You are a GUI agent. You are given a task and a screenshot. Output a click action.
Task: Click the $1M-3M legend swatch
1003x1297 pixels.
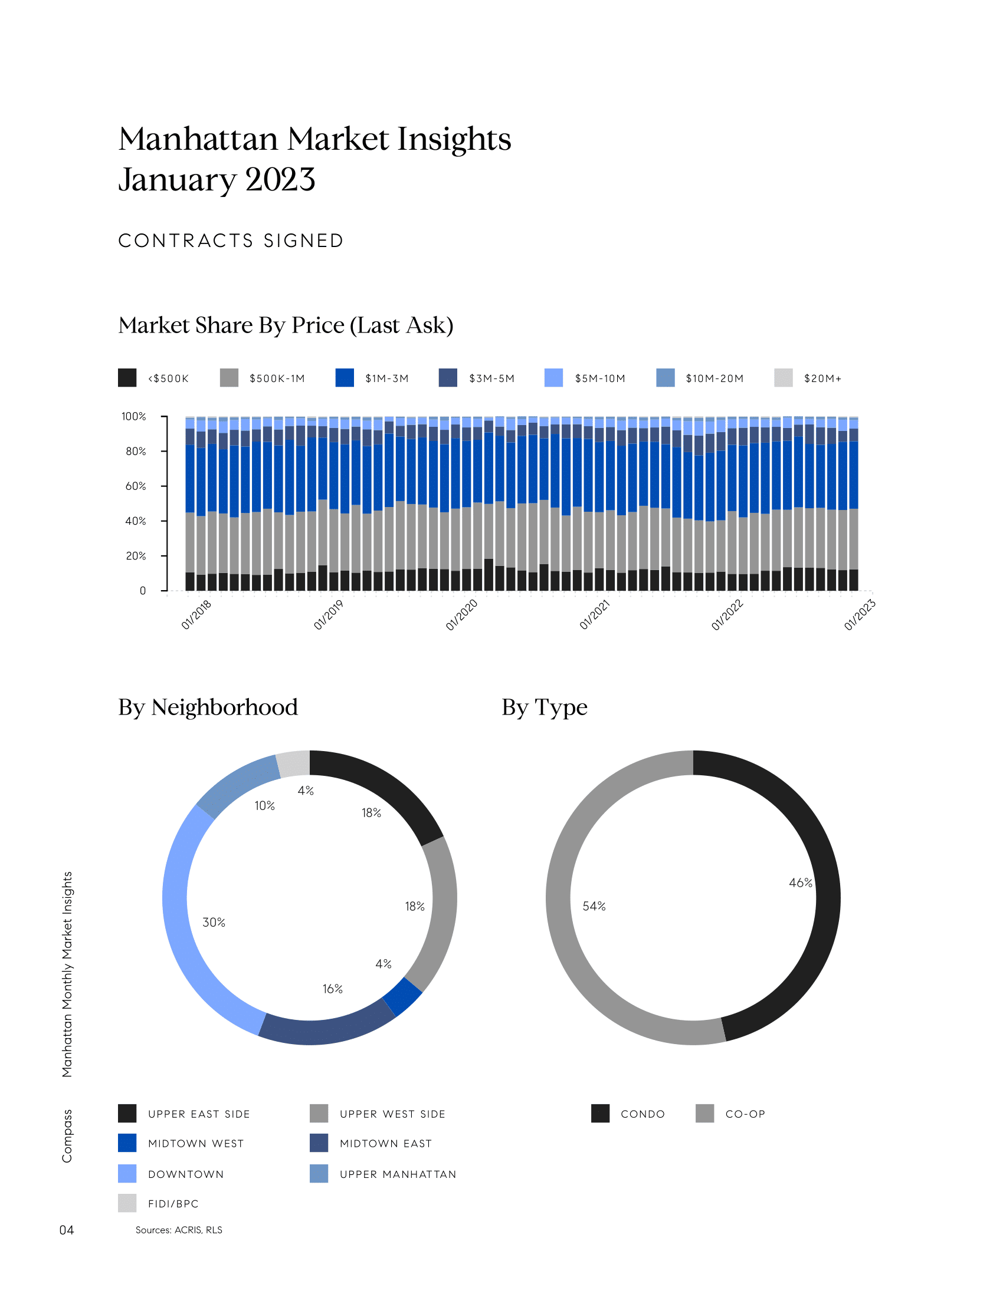coord(345,378)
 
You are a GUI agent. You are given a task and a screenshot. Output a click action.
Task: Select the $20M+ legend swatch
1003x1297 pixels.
coord(783,378)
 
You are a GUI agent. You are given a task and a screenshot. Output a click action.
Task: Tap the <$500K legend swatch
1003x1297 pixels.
coord(127,378)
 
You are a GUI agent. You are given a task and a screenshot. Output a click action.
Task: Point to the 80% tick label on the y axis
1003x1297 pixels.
coord(136,452)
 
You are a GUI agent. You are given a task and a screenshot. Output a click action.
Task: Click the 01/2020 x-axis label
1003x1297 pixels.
coord(462,615)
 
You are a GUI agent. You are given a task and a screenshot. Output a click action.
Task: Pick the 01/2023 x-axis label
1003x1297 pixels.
coord(860,615)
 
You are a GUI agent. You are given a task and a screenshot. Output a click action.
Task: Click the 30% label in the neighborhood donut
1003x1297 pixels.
coord(214,922)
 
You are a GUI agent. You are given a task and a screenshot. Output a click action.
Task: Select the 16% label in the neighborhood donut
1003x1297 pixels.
coord(333,989)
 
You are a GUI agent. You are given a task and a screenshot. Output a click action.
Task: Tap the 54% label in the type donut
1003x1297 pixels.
coord(594,906)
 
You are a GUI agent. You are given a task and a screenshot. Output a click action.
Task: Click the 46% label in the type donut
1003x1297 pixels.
coord(801,883)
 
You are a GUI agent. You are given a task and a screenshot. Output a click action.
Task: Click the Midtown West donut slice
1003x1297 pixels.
coord(402,997)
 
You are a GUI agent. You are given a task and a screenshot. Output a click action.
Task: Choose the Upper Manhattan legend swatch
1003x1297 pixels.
coord(319,1173)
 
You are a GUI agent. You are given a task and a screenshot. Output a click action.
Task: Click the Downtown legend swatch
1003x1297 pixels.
coord(127,1173)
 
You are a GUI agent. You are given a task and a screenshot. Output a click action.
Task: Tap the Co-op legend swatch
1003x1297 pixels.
coord(704,1114)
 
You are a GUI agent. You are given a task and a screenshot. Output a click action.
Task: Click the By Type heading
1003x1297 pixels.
coord(545,707)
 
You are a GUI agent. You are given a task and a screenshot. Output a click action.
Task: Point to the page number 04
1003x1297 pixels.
coord(67,1230)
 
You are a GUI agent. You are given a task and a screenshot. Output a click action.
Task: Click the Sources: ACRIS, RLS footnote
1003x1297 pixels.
coord(179,1230)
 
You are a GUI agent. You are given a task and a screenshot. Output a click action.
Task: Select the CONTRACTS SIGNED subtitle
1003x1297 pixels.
coord(231,241)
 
